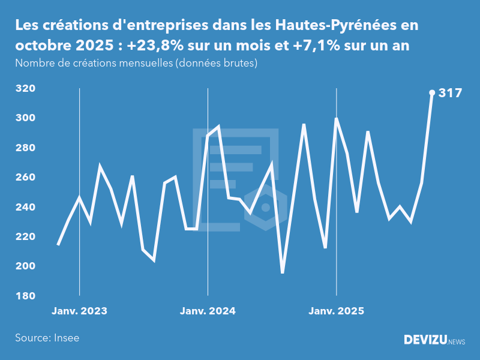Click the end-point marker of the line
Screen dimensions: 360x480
[432, 92]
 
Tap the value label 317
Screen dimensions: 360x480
[450, 93]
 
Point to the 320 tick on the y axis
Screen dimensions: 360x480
[25, 89]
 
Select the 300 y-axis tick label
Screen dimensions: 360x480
[25, 118]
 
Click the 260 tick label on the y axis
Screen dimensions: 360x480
[25, 178]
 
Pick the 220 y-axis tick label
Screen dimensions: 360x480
[25, 237]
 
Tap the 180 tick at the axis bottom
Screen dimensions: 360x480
[25, 296]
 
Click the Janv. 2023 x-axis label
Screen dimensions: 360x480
[79, 311]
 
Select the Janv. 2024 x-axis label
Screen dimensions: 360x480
[208, 311]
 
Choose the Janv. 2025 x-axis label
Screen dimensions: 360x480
[336, 311]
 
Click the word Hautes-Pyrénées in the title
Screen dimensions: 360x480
[328, 26]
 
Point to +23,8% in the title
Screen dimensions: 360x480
[157, 46]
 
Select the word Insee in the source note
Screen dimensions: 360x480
[65, 338]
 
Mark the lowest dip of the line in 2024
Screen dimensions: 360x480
[283, 272]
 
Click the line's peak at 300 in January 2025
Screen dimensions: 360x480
[337, 119]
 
